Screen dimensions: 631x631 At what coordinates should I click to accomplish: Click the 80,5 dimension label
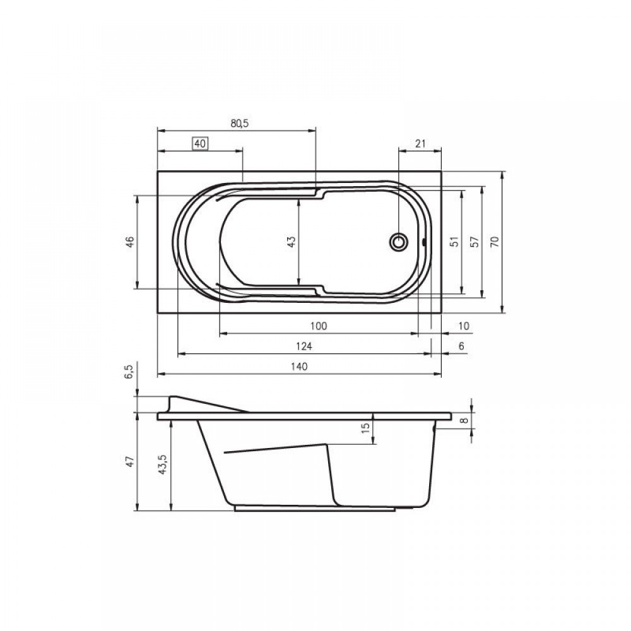coord(239,123)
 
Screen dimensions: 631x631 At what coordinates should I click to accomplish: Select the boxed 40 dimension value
coord(201,143)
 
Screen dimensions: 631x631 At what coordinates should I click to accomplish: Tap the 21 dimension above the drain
coord(420,143)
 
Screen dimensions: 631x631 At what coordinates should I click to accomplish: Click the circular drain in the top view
coord(399,242)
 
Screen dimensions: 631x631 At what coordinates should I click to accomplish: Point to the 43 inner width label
coord(292,242)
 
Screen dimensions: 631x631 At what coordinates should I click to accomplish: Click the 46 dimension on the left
coord(131,242)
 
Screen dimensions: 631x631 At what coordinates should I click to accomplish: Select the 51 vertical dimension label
coord(454,242)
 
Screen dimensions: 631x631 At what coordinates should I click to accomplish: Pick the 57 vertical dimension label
coord(475,242)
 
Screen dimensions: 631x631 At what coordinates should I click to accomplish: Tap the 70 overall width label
coord(495,242)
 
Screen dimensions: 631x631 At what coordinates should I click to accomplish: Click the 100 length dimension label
coord(319,326)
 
